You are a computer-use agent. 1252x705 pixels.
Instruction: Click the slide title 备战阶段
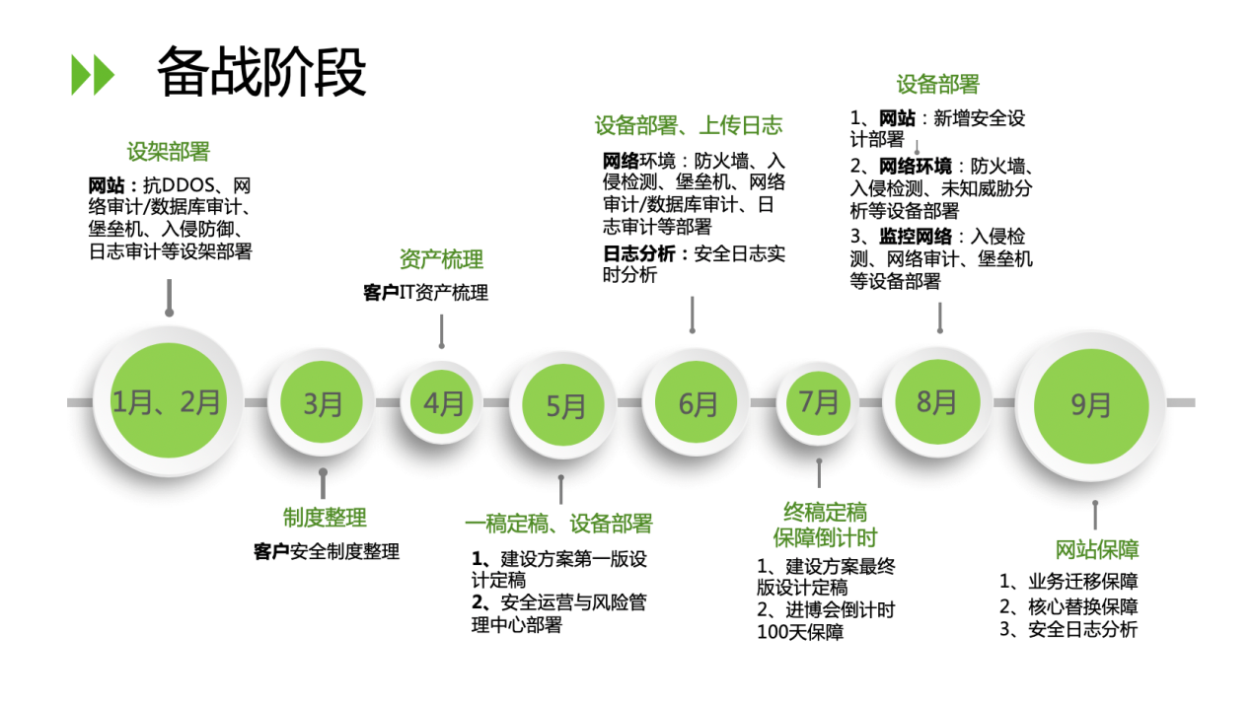point(261,72)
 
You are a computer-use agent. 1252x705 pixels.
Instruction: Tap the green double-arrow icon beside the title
point(93,75)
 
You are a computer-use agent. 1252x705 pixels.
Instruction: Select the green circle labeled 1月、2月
point(167,401)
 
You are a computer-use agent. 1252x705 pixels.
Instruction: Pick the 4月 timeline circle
point(443,402)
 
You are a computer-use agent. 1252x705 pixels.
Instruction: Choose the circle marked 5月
point(565,405)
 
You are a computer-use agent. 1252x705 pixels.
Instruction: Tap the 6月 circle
point(698,403)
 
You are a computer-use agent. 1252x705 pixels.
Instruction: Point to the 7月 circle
point(818,401)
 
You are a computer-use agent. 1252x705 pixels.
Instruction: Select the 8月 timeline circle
point(936,401)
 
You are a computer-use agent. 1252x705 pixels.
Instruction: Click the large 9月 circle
point(1090,404)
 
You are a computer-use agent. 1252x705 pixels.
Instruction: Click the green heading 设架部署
point(169,152)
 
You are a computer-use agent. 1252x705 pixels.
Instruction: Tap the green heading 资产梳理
point(441,259)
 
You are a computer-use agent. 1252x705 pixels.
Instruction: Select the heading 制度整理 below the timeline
point(325,517)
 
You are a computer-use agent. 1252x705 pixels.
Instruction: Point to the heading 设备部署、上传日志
point(688,125)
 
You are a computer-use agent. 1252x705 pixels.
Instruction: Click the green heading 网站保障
point(1096,549)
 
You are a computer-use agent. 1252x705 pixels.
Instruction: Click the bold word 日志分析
point(639,253)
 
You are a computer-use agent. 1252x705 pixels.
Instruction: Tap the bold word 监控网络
point(916,236)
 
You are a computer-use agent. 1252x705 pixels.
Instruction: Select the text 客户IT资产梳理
point(425,293)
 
